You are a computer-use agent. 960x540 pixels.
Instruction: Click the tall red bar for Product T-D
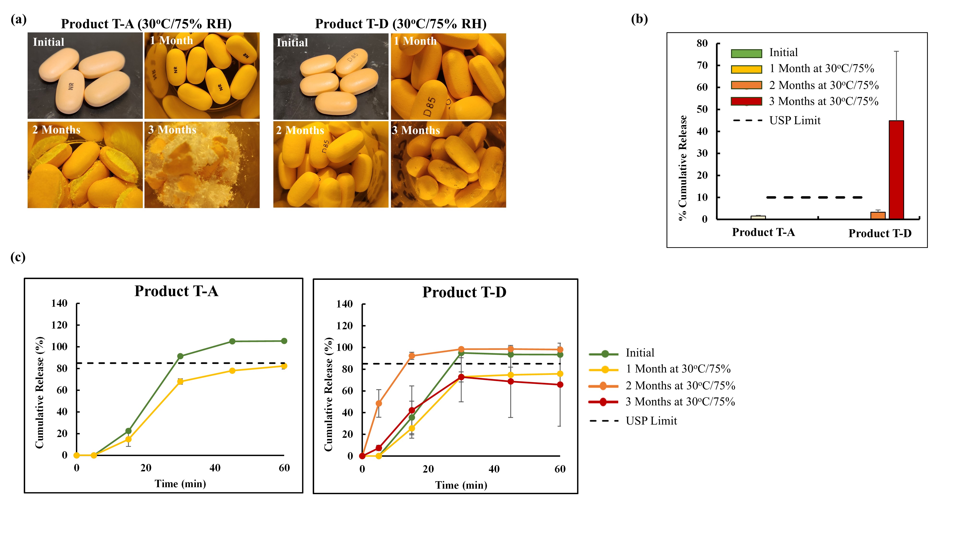896,170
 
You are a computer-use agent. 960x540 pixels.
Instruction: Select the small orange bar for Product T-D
878,216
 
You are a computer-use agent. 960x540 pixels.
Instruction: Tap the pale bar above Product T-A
758,217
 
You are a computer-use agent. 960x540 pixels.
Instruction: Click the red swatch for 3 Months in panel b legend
746,101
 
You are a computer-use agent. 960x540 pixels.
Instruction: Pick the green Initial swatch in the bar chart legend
746,53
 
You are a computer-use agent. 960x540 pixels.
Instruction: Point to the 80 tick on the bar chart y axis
702,43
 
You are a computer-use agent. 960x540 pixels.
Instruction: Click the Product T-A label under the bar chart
763,232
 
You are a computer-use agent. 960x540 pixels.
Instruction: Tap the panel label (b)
639,19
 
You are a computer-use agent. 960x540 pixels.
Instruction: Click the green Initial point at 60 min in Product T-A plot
284,341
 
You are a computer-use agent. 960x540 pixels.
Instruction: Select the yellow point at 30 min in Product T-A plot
180,381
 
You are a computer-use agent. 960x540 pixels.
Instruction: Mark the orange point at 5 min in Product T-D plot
379,403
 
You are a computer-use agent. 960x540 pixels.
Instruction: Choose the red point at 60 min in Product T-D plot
560,384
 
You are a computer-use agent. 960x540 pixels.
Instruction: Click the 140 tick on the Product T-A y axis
59,303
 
